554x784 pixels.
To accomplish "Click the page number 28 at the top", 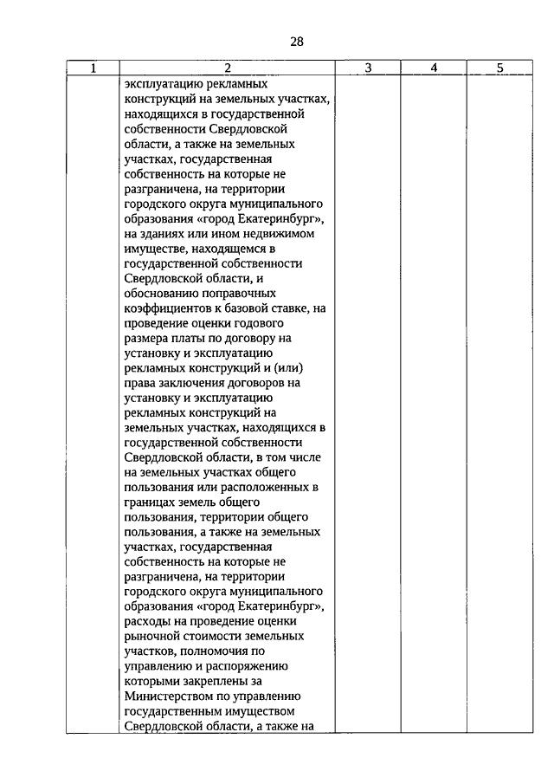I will pos(297,41).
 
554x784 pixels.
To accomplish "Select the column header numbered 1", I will pos(93,68).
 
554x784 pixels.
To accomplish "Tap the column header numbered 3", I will pos(367,68).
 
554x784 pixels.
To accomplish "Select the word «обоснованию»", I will pos(159,293).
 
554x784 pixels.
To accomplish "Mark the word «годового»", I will pos(274,322).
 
